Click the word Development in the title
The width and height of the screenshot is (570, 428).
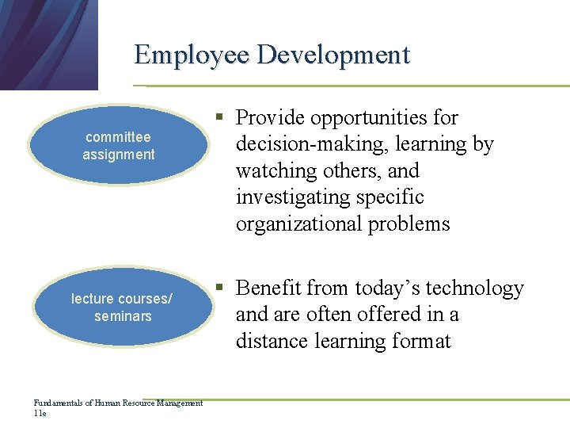tap(333, 55)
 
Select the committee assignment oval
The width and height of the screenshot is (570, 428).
tap(119, 146)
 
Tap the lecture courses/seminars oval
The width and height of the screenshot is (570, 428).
tap(122, 308)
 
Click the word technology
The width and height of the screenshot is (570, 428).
tap(476, 288)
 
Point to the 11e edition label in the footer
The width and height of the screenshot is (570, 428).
tap(40, 413)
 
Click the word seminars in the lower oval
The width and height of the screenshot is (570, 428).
tap(122, 316)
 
